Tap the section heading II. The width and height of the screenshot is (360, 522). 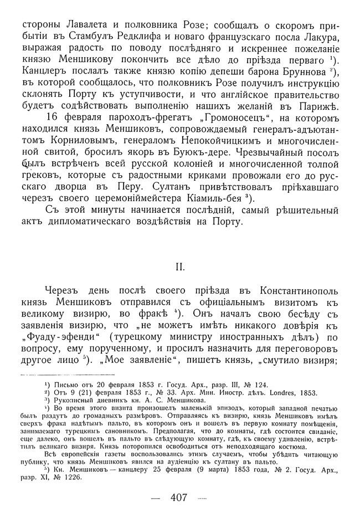coord(180,267)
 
